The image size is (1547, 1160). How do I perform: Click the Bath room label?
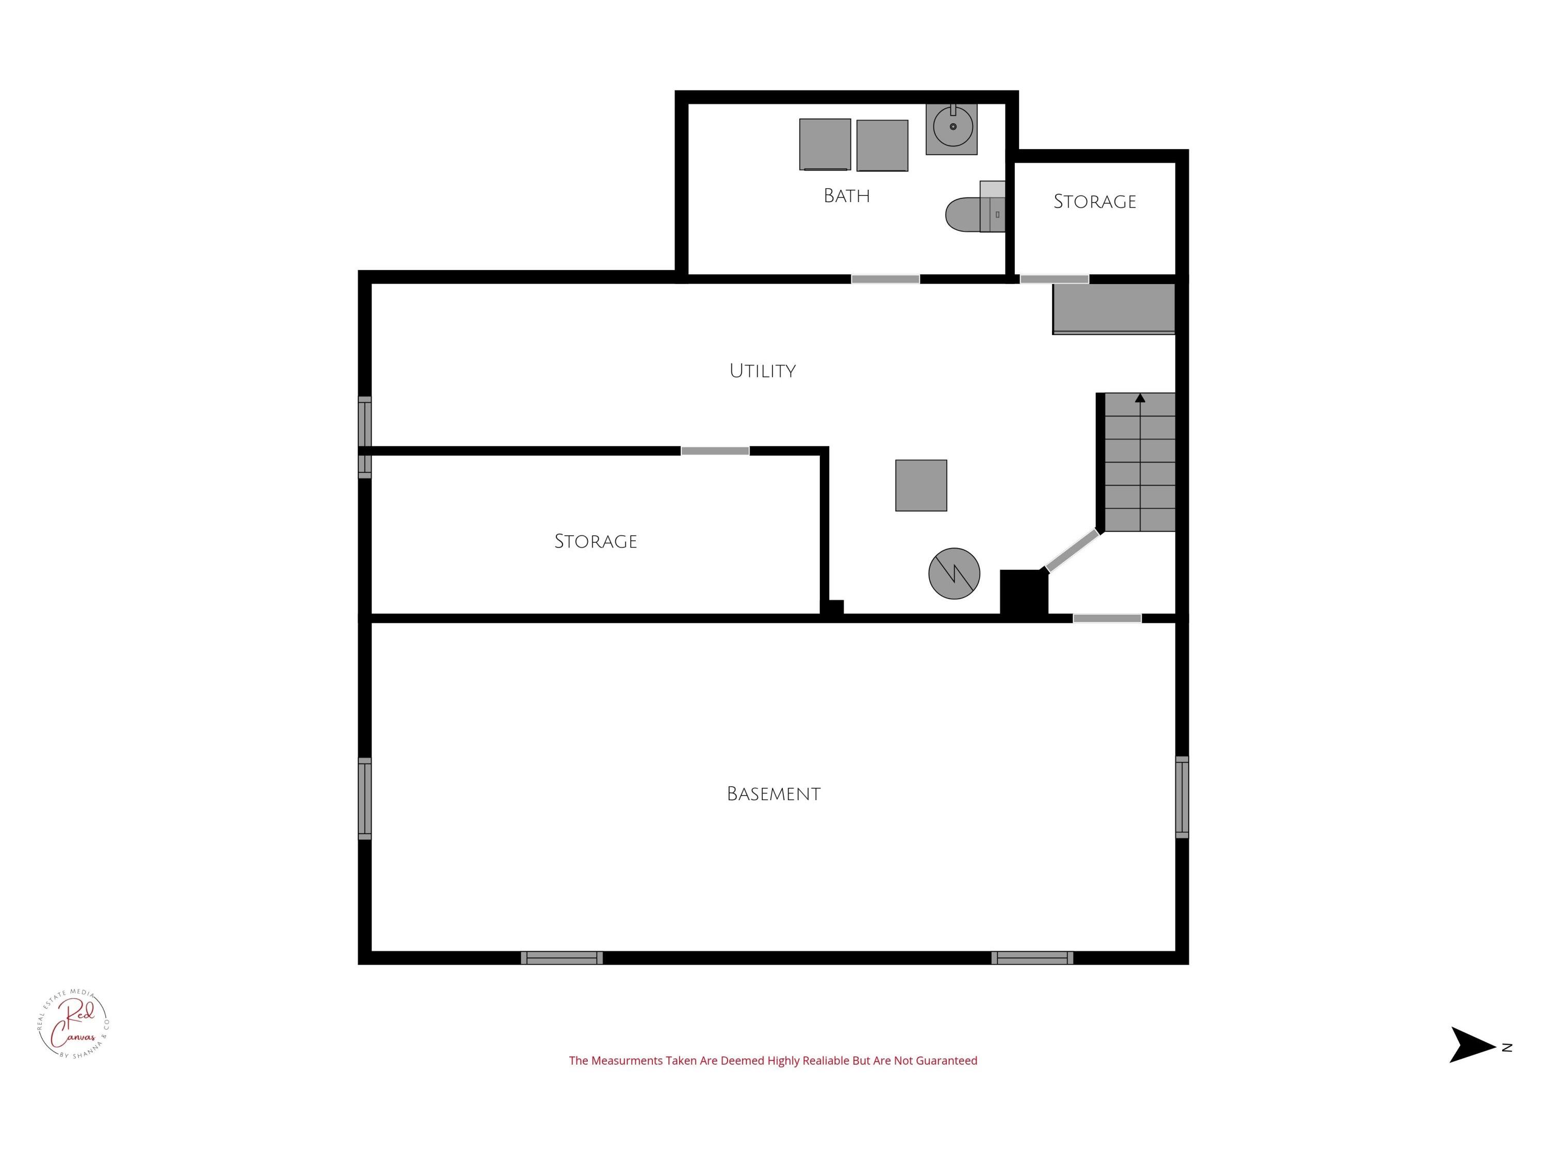point(846,196)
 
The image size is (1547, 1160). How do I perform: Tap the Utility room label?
point(762,371)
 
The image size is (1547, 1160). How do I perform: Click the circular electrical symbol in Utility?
point(954,573)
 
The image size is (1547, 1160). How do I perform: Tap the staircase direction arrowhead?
point(1140,398)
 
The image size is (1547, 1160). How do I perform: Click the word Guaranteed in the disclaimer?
point(946,1060)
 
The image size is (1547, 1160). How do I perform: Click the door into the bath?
point(885,279)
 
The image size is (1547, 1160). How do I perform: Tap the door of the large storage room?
point(715,451)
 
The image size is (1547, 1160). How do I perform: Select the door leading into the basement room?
point(1107,618)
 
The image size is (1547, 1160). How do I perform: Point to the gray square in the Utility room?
point(921,485)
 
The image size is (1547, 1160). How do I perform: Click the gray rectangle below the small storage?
point(1113,308)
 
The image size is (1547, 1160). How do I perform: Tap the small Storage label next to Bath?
point(1095,202)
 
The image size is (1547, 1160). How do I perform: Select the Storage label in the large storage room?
point(595,541)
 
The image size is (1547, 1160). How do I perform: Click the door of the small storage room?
point(1055,279)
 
